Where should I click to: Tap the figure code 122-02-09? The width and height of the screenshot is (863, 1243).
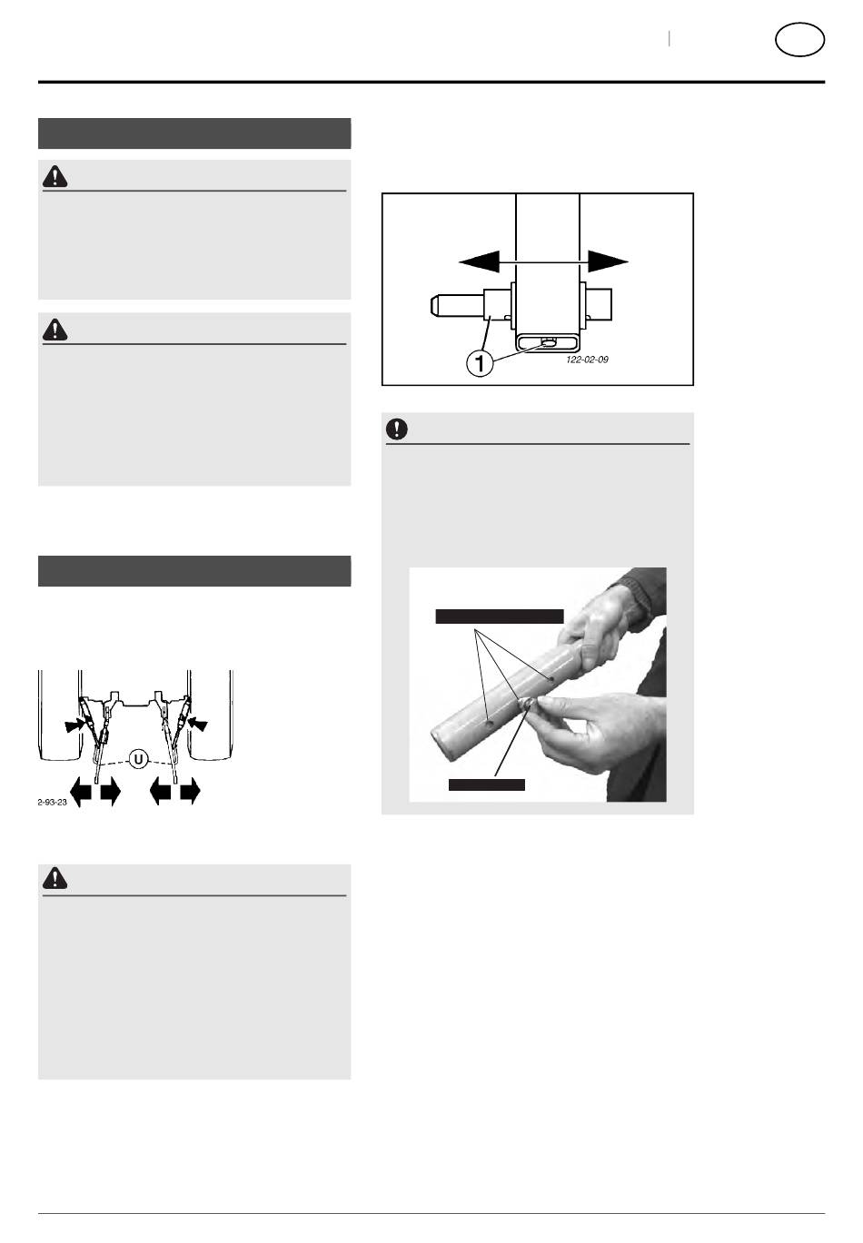pos(587,360)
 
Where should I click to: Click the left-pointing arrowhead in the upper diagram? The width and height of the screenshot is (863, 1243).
pos(480,261)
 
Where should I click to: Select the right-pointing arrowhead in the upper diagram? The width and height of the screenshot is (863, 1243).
pos(608,261)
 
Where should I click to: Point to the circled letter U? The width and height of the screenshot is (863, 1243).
pos(138,758)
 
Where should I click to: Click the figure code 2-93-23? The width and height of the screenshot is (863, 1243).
pos(52,803)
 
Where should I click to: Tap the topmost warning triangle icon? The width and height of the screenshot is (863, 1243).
pos(55,176)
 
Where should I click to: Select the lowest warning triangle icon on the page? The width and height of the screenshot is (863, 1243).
pos(55,878)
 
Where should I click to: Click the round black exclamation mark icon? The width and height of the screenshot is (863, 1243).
pos(396,429)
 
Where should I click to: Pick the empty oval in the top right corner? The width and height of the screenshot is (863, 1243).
pos(799,39)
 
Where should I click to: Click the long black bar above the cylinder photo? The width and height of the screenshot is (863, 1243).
pos(500,616)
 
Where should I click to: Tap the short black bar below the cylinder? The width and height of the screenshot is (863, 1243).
pos(487,784)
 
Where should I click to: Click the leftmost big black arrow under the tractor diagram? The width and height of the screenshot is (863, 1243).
pos(81,792)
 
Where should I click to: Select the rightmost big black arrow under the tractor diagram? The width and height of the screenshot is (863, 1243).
pos(190,792)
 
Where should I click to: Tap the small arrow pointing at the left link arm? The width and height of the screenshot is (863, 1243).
pos(75,725)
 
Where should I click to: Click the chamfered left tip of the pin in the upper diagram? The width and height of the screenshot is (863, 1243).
pos(433,306)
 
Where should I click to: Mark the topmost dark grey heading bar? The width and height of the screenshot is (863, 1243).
pos(194,133)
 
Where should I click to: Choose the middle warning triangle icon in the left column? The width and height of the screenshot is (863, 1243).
pos(55,330)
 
